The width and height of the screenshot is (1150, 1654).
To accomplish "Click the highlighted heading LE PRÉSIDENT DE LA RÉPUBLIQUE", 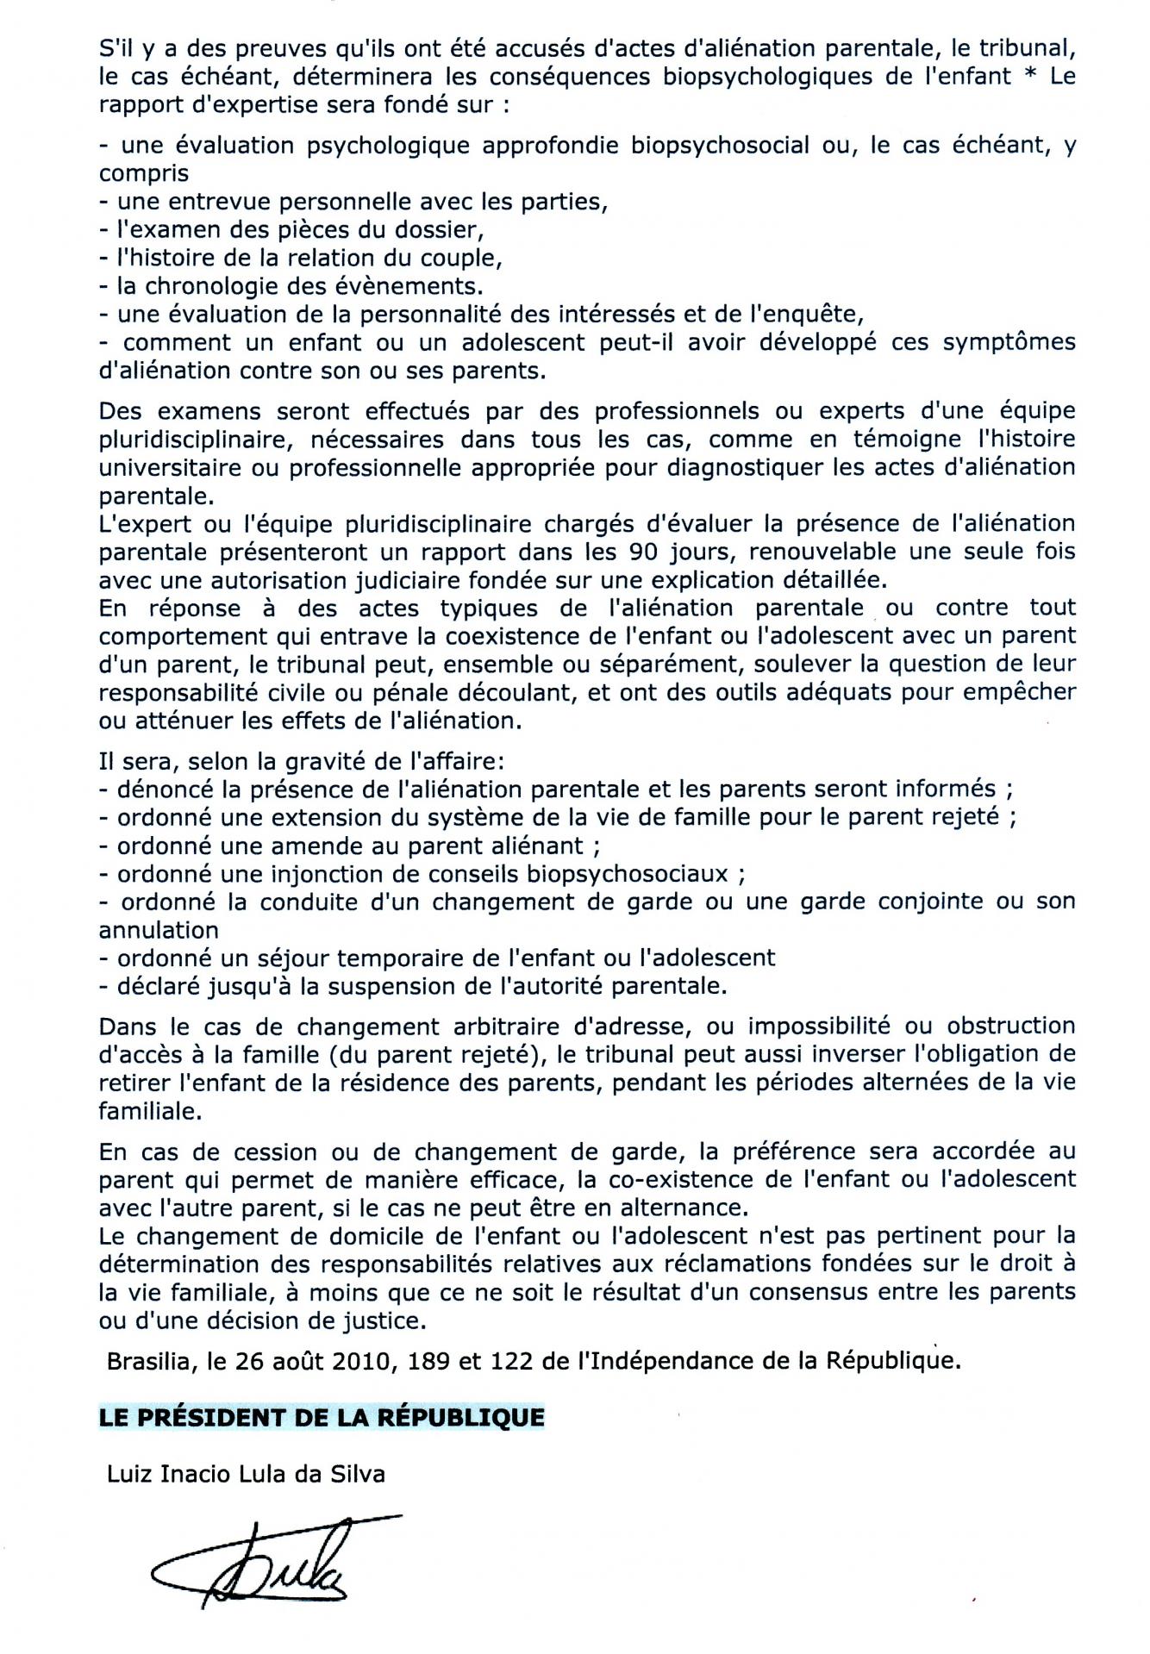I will point(322,1418).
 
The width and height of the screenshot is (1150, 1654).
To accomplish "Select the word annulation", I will point(159,931).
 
